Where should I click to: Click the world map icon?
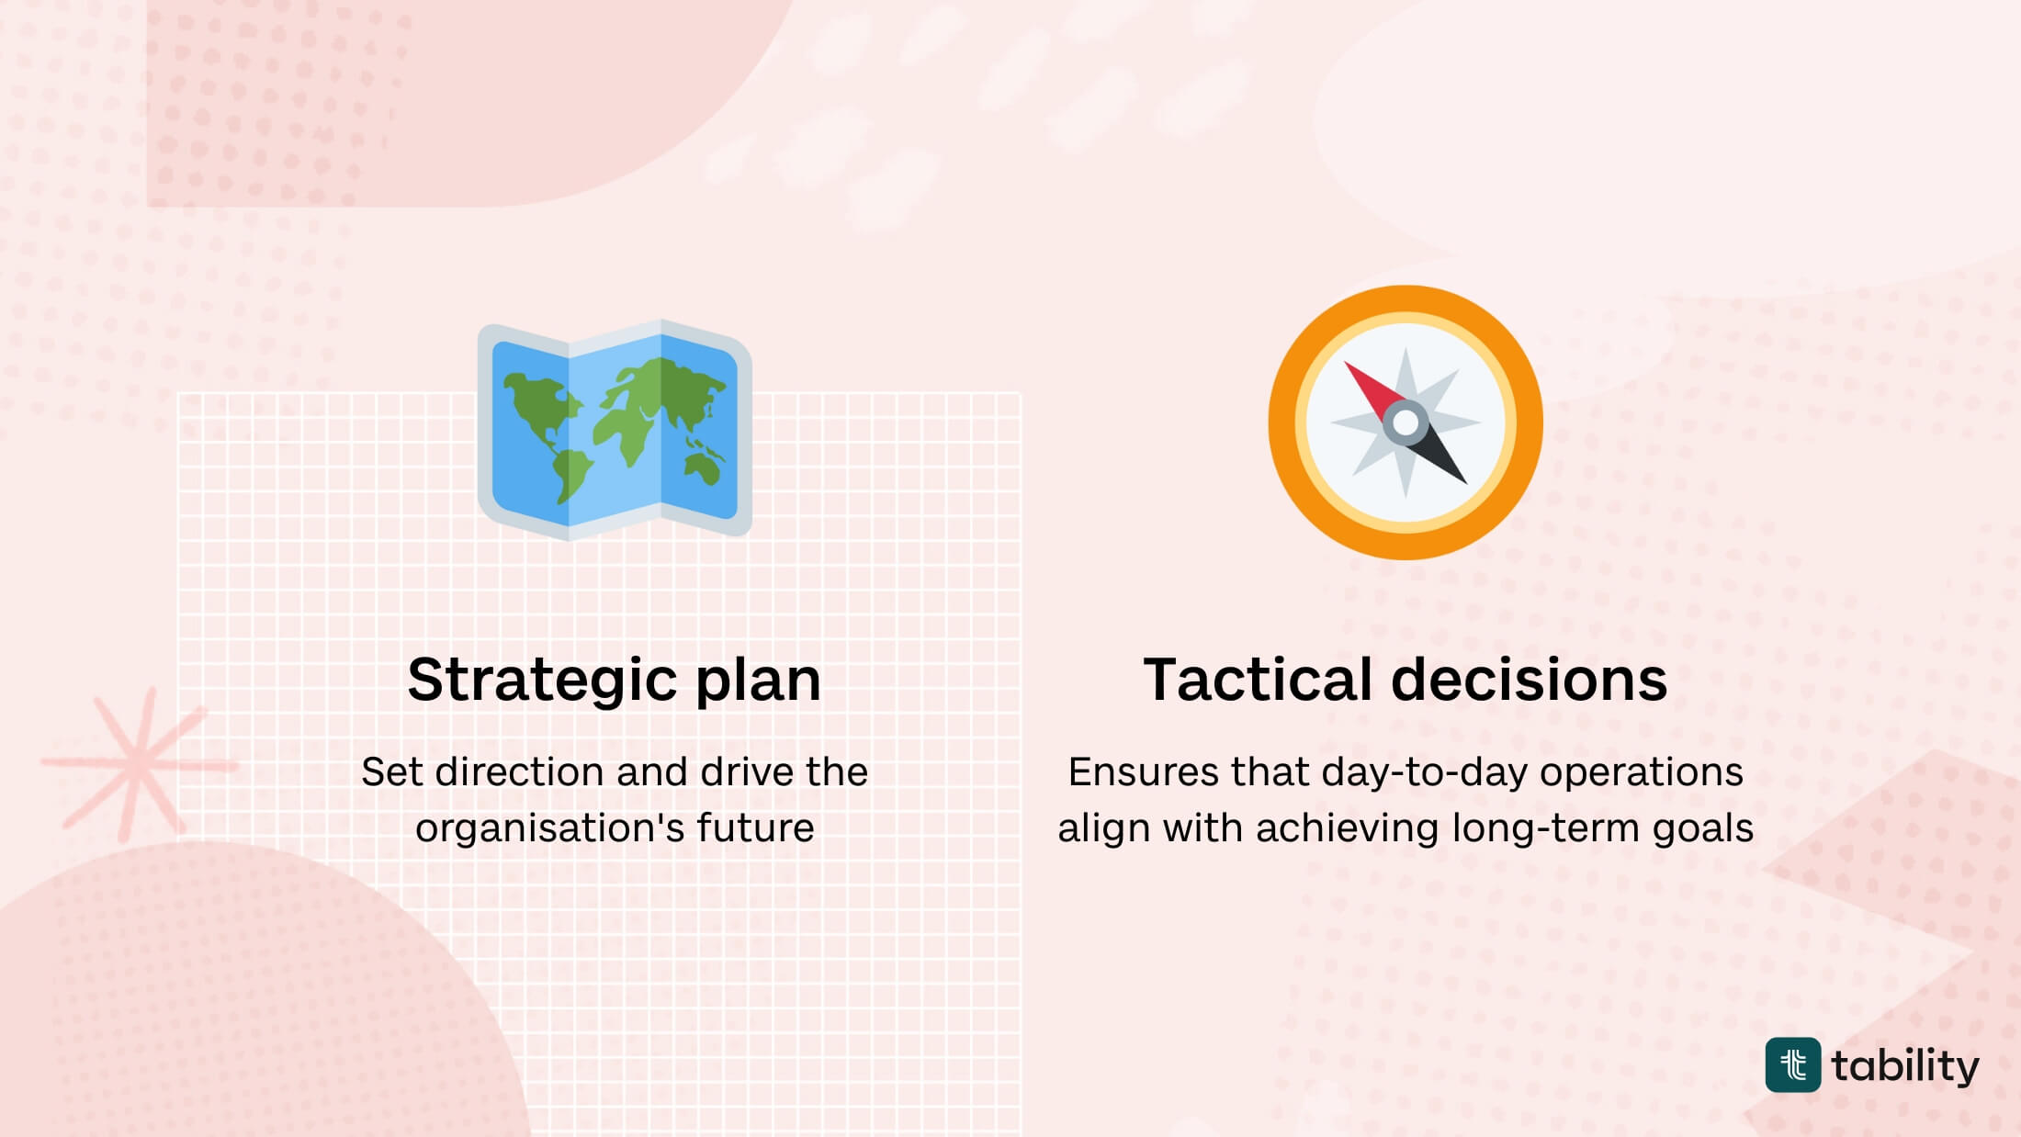pos(615,430)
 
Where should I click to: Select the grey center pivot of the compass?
pos(1406,422)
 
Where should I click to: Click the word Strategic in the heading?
pos(543,681)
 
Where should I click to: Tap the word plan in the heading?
pos(758,681)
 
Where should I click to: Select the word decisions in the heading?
pos(1529,681)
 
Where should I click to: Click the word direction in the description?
pos(561,772)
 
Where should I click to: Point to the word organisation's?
pos(549,828)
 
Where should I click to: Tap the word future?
pos(755,828)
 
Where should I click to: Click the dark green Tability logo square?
pos(1792,1065)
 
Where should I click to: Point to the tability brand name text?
pos(1905,1066)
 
